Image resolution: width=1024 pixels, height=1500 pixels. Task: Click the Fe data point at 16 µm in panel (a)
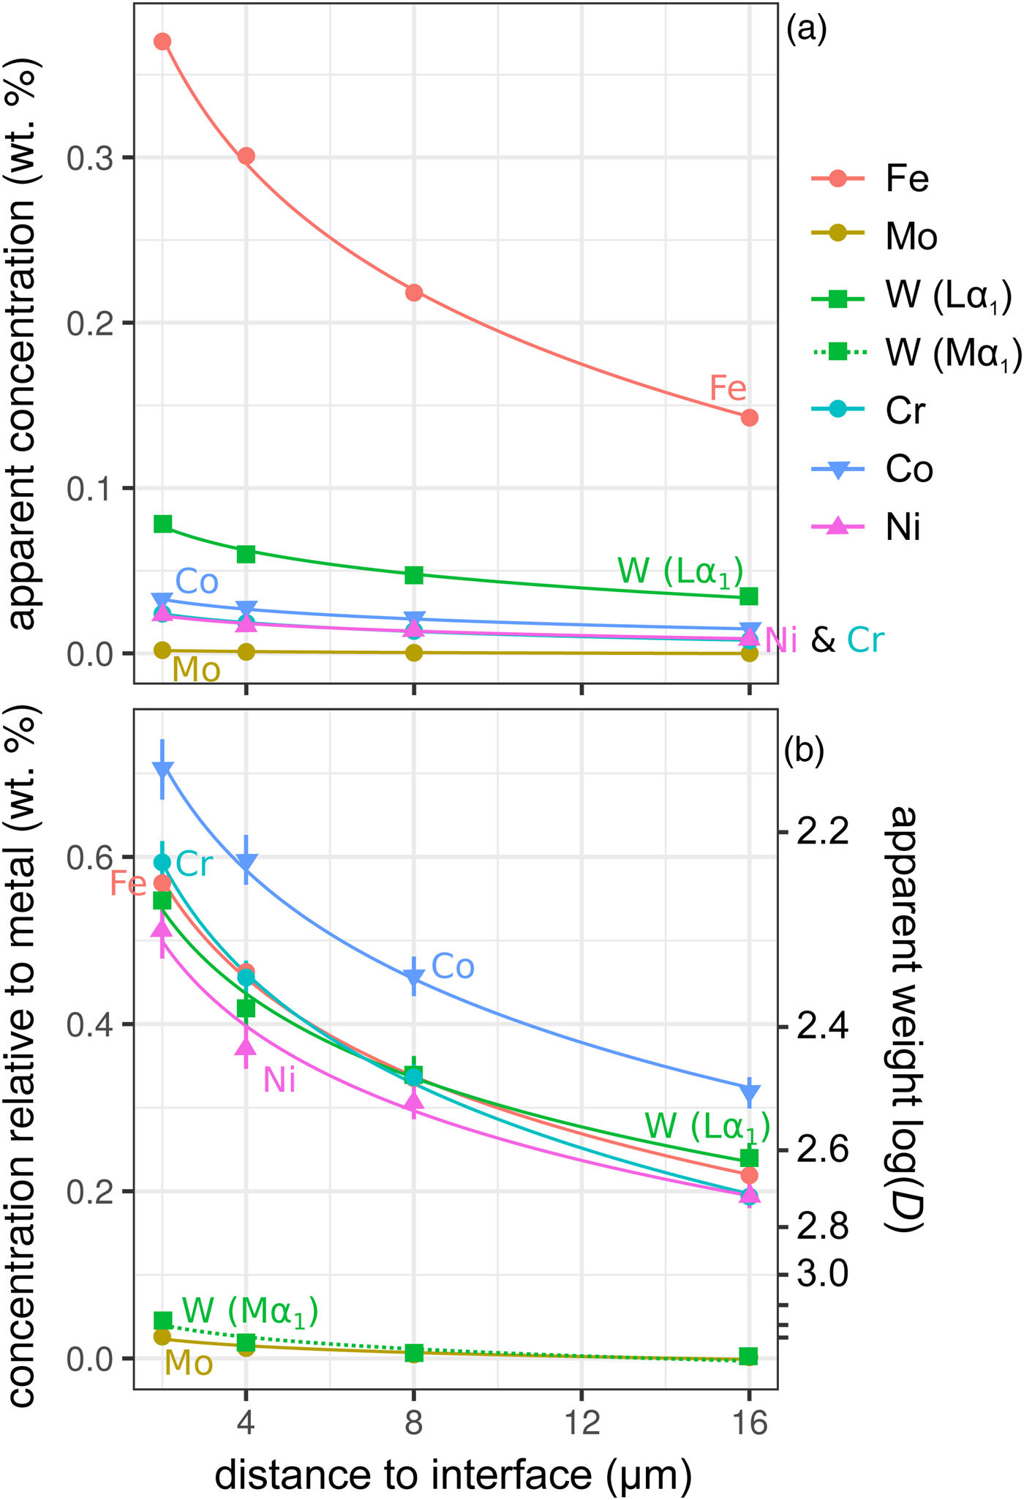coord(749,418)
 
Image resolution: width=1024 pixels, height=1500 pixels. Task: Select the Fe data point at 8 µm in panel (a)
coord(414,293)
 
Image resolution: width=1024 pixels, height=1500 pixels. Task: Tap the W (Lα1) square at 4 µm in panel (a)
coord(246,554)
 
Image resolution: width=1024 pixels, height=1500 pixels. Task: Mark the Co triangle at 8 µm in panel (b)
coord(414,977)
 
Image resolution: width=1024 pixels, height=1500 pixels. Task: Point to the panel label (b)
coord(805,751)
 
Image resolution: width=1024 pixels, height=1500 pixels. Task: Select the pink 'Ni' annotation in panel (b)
coord(279,1079)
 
